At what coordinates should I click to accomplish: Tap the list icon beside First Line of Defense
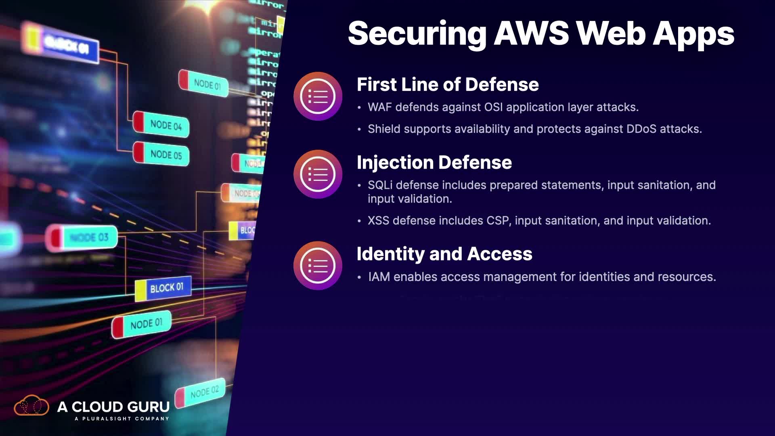[318, 96]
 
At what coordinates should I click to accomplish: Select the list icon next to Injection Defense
[318, 174]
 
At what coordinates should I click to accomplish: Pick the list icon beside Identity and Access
[318, 265]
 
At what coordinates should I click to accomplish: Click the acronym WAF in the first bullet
[379, 107]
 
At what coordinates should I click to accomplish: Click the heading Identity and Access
[444, 254]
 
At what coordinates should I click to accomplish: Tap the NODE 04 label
[166, 125]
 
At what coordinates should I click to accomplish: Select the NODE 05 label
[166, 155]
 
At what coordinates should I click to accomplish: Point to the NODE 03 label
[89, 237]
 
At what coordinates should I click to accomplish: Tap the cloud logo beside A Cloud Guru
[31, 406]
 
